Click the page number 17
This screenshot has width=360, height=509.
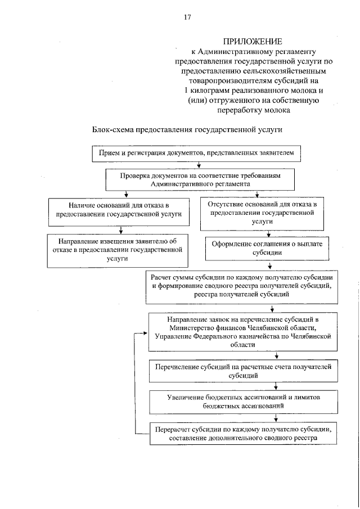coord(187,17)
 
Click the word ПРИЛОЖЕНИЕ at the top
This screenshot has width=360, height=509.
coord(253,42)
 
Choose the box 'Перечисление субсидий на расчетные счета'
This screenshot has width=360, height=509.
coord(243,370)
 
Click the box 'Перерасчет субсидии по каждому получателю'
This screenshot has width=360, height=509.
coord(243,433)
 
